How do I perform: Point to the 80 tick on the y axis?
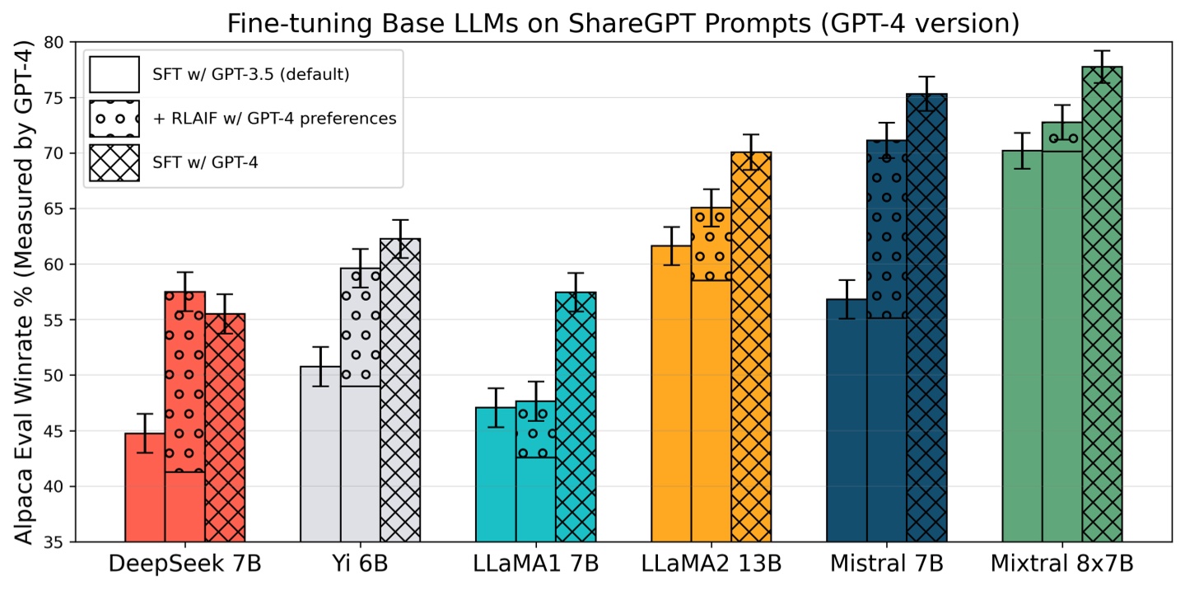57,43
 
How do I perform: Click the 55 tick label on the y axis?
57,320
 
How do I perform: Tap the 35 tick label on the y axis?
57,542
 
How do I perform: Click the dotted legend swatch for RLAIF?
114,119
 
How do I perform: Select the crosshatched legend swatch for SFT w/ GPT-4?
114,163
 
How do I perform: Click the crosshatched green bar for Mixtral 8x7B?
1102,305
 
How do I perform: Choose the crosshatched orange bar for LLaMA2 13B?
751,346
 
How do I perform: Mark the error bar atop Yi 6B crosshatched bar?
400,238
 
